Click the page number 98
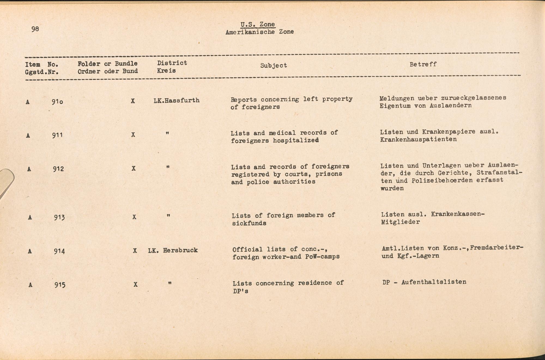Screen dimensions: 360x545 [35, 29]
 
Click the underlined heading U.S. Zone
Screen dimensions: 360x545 [258, 25]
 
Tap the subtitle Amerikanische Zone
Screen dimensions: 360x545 [259, 32]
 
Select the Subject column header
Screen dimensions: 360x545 [274, 65]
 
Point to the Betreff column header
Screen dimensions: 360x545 [423, 65]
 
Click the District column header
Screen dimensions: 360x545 [172, 63]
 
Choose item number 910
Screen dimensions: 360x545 [57, 102]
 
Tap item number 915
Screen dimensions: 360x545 [60, 285]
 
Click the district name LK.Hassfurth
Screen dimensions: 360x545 [177, 100]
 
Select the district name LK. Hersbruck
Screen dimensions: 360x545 [173, 250]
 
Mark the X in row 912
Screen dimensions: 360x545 [134, 169]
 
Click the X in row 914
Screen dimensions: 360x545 [135, 251]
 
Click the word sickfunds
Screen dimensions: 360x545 [249, 223]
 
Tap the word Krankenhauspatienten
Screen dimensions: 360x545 [418, 139]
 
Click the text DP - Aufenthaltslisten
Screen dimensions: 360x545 [424, 282]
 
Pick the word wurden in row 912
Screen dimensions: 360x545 [392, 188]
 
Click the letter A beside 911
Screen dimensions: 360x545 [28, 135]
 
